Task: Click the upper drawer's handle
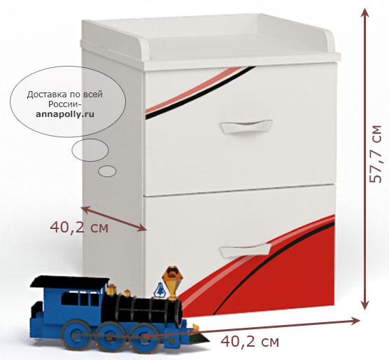[246, 126]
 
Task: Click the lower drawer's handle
[246, 250]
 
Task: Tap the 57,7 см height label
[375, 154]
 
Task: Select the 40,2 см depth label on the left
[79, 227]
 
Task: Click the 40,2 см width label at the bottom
[250, 342]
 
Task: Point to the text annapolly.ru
[65, 114]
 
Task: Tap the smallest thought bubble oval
[107, 171]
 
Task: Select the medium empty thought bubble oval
[90, 150]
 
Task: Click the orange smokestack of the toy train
[171, 282]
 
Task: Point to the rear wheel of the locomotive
[76, 335]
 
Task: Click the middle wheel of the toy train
[110, 336]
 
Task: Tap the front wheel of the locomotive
[144, 338]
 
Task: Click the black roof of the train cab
[69, 282]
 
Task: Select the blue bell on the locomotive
[160, 291]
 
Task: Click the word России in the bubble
[64, 104]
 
